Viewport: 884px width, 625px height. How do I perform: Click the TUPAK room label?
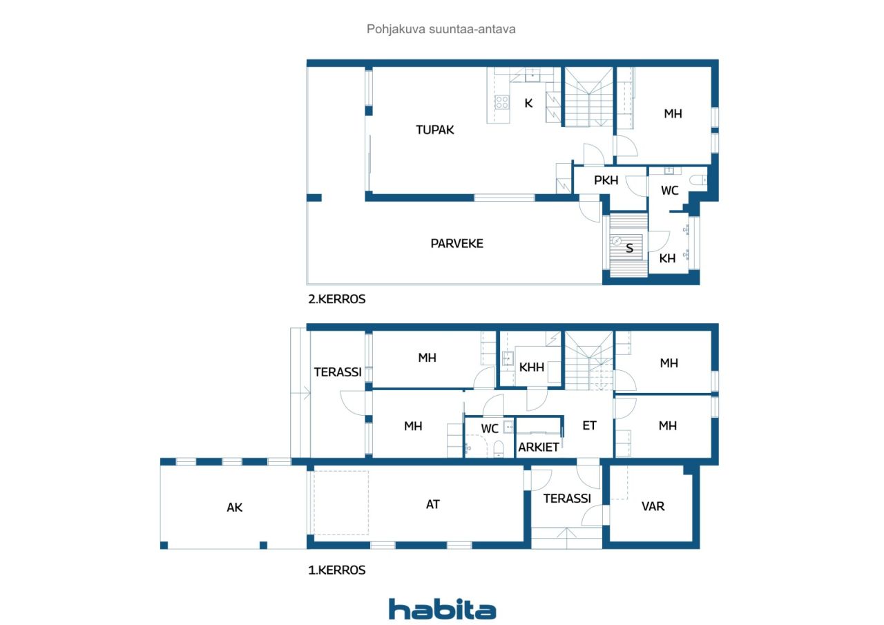pyautogui.click(x=434, y=130)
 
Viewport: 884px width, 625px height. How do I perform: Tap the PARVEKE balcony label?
pyautogui.click(x=457, y=244)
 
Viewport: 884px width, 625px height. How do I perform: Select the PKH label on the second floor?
pyautogui.click(x=606, y=180)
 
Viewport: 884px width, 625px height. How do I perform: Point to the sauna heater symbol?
pyautogui.click(x=617, y=241)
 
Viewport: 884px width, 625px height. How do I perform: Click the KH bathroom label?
pyautogui.click(x=667, y=258)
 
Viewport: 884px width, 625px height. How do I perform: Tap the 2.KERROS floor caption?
pyautogui.click(x=336, y=299)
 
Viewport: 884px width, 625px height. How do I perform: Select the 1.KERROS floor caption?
pyautogui.click(x=336, y=570)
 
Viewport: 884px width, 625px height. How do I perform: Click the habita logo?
pyautogui.click(x=443, y=610)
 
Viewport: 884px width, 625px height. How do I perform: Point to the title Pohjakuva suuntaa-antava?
pyautogui.click(x=441, y=29)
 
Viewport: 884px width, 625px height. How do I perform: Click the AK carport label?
pyautogui.click(x=234, y=508)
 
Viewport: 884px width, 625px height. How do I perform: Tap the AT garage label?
pyautogui.click(x=432, y=504)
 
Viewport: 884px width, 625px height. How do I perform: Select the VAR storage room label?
pyautogui.click(x=653, y=506)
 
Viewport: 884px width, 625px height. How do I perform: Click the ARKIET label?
pyautogui.click(x=538, y=447)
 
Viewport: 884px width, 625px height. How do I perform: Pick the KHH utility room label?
pyautogui.click(x=531, y=367)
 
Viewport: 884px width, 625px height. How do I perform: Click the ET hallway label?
pyautogui.click(x=589, y=425)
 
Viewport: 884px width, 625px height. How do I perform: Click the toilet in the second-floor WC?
pyautogui.click(x=698, y=180)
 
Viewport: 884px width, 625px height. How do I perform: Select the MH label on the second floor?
pyautogui.click(x=673, y=114)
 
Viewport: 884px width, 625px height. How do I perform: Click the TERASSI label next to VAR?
pyautogui.click(x=567, y=499)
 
